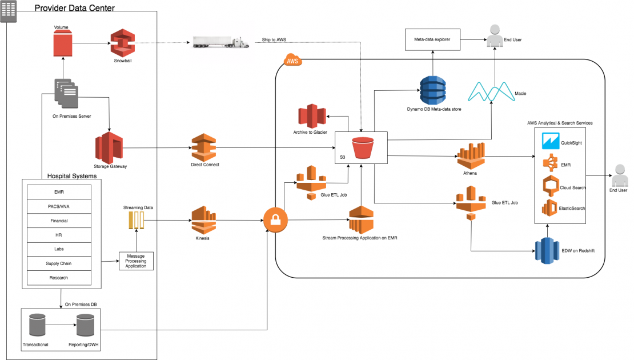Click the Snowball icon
coord(122,43)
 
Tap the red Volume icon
coord(63,43)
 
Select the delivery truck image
coord(221,42)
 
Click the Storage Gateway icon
coord(109,147)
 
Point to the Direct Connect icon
coord(204,147)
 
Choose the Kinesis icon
coord(203,220)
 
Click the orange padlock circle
coord(275,220)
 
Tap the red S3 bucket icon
coord(363,148)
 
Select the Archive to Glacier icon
coord(312,116)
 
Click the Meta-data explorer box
coord(432,39)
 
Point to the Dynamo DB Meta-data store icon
coord(432,91)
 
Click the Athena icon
coord(471,156)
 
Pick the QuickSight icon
coord(551,141)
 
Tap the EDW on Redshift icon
coord(547,251)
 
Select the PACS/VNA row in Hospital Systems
coord(59,206)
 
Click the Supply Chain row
coord(59,263)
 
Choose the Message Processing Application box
coord(137,261)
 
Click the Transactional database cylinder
coord(37,325)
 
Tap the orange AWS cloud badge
coord(292,60)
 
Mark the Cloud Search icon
coord(551,186)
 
